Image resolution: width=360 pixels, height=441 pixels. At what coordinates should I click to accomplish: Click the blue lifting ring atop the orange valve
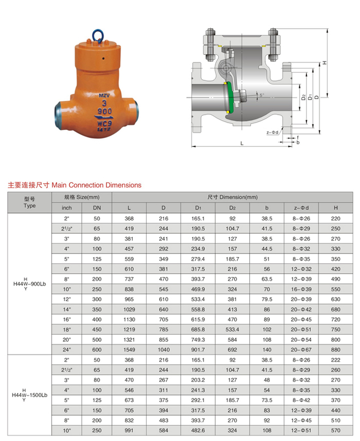tap(97, 35)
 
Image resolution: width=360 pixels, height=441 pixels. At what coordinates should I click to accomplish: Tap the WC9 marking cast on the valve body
tap(105, 123)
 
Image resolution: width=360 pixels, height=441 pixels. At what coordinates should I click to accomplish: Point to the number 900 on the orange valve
tap(105, 111)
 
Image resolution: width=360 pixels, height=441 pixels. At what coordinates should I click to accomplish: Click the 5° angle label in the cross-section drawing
tap(262, 95)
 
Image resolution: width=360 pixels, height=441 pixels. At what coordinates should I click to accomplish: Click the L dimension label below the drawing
tap(241, 143)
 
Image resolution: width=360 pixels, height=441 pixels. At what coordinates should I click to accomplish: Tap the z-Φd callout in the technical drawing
tap(272, 133)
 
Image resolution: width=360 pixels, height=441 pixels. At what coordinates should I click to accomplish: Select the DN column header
tap(97, 208)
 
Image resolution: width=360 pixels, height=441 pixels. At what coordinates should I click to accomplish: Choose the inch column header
tap(67, 208)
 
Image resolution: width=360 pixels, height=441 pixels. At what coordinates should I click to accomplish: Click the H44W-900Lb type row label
tap(29, 284)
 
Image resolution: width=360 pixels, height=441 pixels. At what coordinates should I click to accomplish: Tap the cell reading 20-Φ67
tap(301, 348)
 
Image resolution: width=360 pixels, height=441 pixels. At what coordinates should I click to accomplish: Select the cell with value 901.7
tap(198, 348)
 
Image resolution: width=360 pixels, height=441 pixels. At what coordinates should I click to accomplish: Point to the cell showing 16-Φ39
tap(301, 290)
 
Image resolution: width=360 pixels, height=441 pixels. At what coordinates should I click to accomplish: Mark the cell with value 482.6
tap(198, 430)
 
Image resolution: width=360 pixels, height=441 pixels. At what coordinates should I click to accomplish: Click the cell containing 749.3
tap(198, 339)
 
